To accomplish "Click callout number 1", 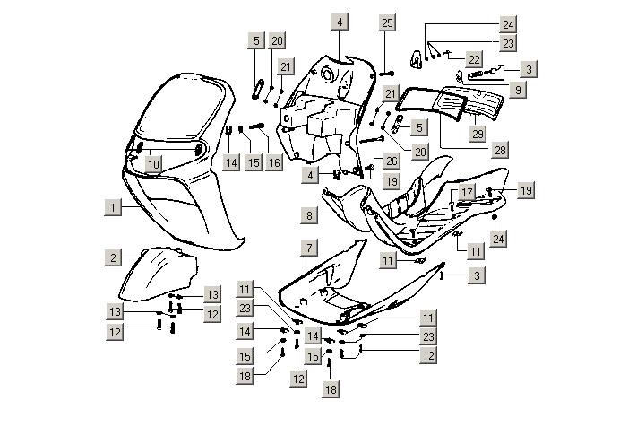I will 112,207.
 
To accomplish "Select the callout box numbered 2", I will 112,258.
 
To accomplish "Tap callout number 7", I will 307,247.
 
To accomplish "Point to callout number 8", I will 307,216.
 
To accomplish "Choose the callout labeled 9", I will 519,91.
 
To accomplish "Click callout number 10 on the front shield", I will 153,164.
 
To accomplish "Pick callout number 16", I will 273,162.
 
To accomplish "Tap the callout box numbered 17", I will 468,193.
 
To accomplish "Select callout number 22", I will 475,58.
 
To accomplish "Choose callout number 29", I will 478,134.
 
